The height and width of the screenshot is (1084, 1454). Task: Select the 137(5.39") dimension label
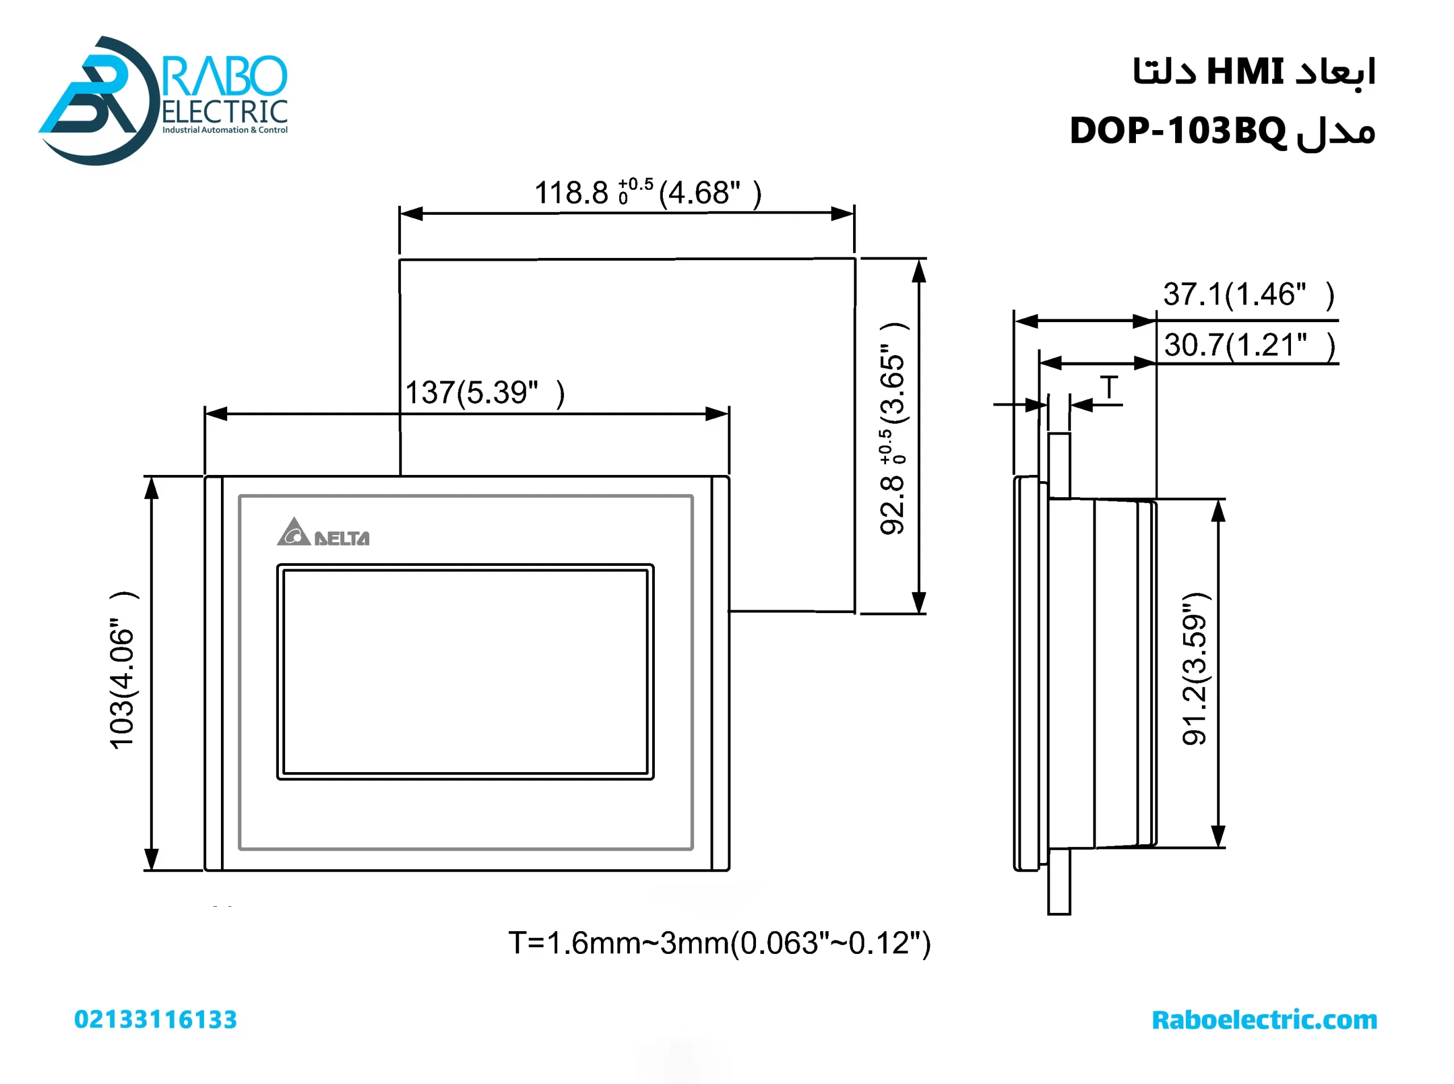tap(484, 393)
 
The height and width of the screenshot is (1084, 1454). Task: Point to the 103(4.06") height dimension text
tap(123, 670)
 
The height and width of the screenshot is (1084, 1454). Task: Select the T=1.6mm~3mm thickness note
tap(719, 943)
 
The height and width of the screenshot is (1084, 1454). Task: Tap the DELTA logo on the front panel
tap(323, 533)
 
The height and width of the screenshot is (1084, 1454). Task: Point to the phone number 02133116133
tap(156, 1019)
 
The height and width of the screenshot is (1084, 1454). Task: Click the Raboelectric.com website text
tap(1264, 1020)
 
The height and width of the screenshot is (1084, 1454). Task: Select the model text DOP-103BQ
tap(1177, 131)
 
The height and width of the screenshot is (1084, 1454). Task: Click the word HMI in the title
tap(1244, 71)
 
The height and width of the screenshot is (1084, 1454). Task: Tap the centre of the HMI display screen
tap(465, 672)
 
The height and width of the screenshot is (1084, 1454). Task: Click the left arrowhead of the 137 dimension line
tap(215, 414)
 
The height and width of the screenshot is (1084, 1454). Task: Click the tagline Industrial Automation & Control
tap(224, 130)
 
